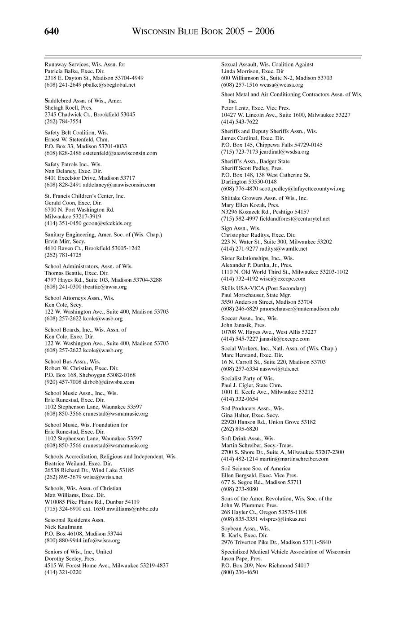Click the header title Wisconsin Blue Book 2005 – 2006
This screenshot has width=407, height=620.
pos(203,31)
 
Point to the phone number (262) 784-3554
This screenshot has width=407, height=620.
pos(63,121)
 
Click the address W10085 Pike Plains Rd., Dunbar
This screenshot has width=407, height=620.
pos(84,502)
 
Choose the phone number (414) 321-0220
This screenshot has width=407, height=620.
pos(63,572)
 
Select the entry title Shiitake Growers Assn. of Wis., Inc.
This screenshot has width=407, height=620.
pos(264,198)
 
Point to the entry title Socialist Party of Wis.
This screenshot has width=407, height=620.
pos(247,378)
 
